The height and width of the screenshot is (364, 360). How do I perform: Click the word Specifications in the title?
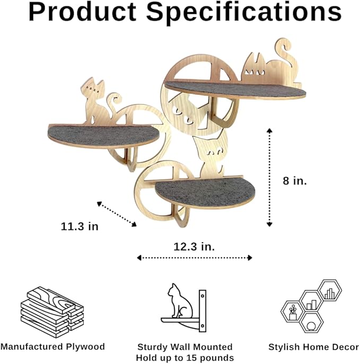pos(244,13)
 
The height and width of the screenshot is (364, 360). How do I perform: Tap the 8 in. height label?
pos(295,181)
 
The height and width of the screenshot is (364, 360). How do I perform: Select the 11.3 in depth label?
pos(80,226)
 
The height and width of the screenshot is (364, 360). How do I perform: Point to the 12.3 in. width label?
pos(194,246)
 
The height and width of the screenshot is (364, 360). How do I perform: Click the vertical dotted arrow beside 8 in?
pos(269,177)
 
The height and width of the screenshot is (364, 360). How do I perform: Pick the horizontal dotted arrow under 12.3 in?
pos(195,258)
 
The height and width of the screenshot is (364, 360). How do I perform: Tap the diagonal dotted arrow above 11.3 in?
pos(117,214)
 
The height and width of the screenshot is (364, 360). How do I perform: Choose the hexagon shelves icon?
pos(311,306)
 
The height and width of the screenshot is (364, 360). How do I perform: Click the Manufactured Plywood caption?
pos(52,347)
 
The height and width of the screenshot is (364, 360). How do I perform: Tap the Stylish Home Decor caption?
pos(314,347)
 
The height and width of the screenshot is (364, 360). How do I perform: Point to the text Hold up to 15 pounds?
pos(185,358)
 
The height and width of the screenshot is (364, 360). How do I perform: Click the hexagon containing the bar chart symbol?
pos(330,291)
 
